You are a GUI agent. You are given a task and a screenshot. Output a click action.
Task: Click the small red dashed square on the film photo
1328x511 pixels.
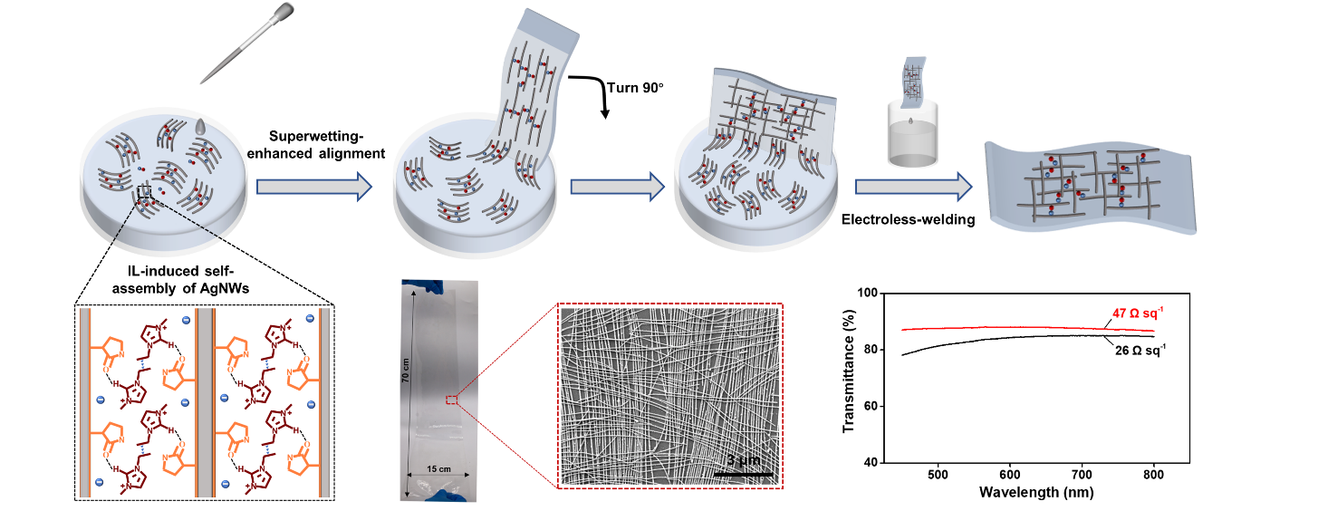[x=451, y=400]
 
